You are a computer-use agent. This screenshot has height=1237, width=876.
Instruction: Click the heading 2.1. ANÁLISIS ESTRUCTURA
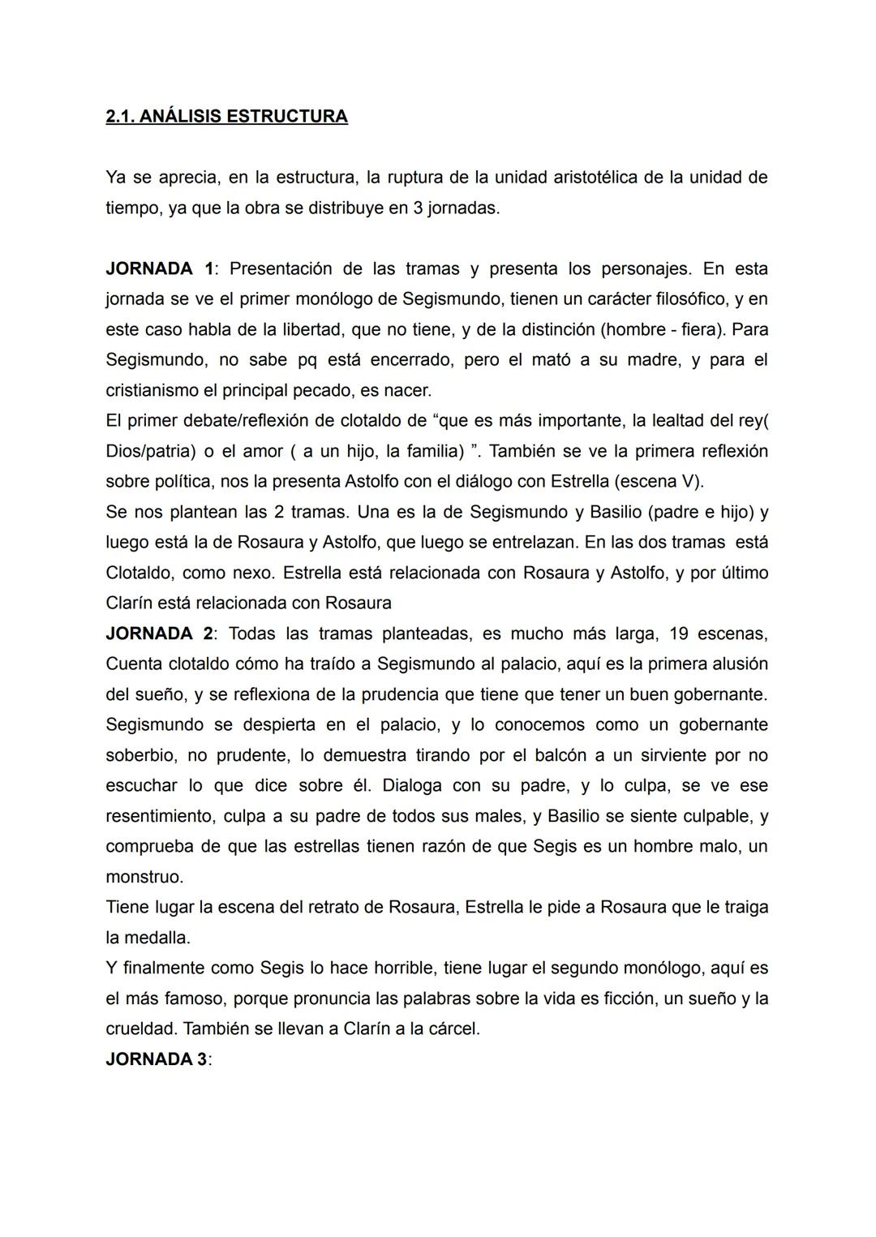(x=226, y=116)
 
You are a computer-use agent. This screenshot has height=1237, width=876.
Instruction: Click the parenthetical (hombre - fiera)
(x=659, y=329)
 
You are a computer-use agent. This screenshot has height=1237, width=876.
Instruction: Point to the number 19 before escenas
(x=655, y=634)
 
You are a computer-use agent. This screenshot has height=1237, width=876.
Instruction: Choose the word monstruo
(x=144, y=877)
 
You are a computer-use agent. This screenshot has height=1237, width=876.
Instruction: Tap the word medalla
(x=157, y=938)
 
